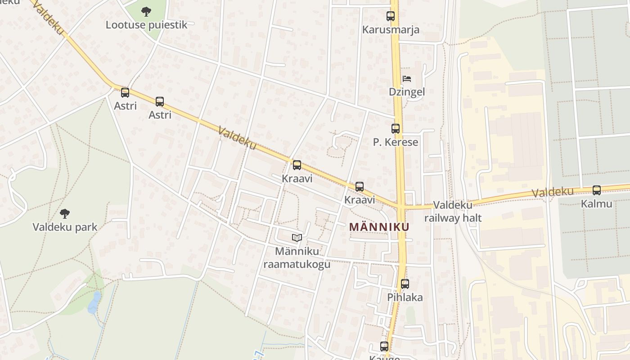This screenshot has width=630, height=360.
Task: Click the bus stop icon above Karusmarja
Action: pyautogui.click(x=391, y=16)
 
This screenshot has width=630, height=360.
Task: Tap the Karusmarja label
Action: pyautogui.click(x=391, y=30)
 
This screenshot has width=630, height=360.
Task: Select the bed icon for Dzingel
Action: pyautogui.click(x=407, y=79)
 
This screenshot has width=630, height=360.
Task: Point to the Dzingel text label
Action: pyautogui.click(x=407, y=92)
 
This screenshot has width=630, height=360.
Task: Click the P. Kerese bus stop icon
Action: pyautogui.click(x=396, y=129)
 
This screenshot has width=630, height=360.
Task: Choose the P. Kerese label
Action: pyautogui.click(x=396, y=142)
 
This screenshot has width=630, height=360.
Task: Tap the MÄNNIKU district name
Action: pyautogui.click(x=379, y=227)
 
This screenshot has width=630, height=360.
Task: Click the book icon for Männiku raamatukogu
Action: pyautogui.click(x=297, y=238)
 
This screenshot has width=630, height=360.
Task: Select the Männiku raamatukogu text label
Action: pyautogui.click(x=297, y=257)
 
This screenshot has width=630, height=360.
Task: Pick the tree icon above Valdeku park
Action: pyautogui.click(x=65, y=213)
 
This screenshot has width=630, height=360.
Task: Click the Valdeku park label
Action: pyautogui.click(x=65, y=227)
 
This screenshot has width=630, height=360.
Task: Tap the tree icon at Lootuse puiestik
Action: pyautogui.click(x=146, y=11)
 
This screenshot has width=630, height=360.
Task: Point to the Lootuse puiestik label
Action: pyautogui.click(x=146, y=24)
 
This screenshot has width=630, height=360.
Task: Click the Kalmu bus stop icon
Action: pyautogui.click(x=597, y=190)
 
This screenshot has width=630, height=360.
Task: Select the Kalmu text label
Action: pyautogui.click(x=597, y=204)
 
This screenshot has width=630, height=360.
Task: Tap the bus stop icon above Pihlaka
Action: pyautogui.click(x=405, y=284)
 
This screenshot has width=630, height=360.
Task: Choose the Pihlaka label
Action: pyautogui.click(x=405, y=297)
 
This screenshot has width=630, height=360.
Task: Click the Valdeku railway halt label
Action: pyautogui.click(x=453, y=211)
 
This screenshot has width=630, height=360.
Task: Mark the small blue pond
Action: pyautogui.click(x=94, y=302)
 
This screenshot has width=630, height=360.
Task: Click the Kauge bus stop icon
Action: pyautogui.click(x=384, y=346)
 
